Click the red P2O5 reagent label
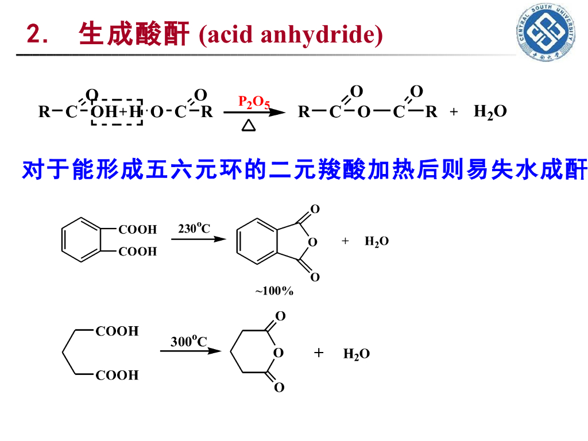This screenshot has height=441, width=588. coord(254,102)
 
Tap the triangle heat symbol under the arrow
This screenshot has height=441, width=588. coord(249,125)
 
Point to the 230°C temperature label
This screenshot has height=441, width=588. coord(194,229)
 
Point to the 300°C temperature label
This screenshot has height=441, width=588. coord(188,341)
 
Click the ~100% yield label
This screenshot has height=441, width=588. coord(274,291)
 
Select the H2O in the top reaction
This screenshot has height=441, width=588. coord(490,111)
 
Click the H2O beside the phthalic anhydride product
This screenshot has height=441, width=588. coord(377,241)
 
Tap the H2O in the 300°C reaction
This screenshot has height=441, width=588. coord(357,354)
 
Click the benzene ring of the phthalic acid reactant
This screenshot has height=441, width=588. coord(81,240)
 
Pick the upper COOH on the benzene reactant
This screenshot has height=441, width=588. coord(137,230)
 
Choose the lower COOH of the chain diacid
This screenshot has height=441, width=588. coord(117,376)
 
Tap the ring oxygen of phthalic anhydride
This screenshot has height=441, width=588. coord(312,242)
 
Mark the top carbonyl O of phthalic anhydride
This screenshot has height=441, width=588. coord(315,209)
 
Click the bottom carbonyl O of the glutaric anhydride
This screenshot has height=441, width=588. coord(279,388)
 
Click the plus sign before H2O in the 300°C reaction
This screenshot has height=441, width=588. coord(319,353)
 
